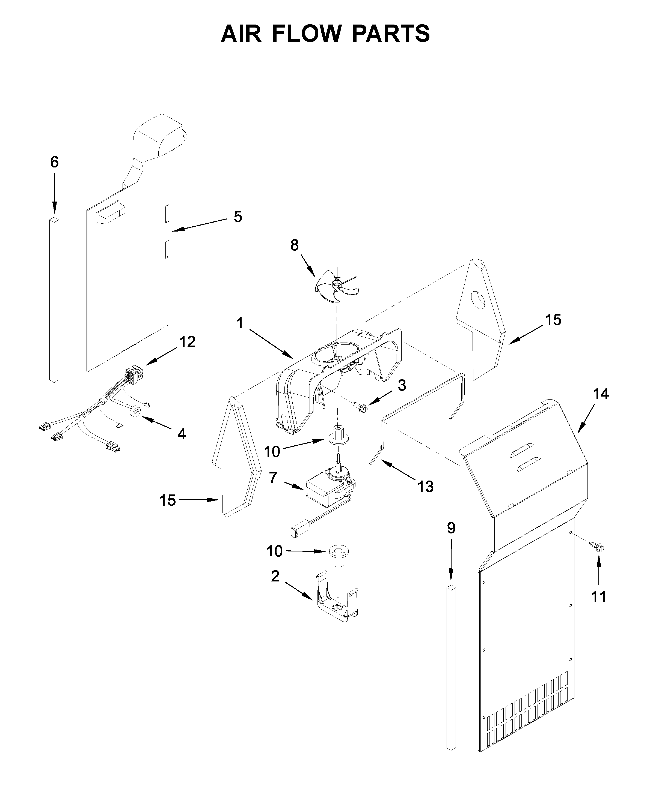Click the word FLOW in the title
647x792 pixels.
(306, 34)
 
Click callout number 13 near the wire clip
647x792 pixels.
(426, 486)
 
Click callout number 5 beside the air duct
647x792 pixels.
(238, 217)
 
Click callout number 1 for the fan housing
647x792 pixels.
(240, 323)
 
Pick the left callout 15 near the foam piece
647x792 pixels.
(167, 500)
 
